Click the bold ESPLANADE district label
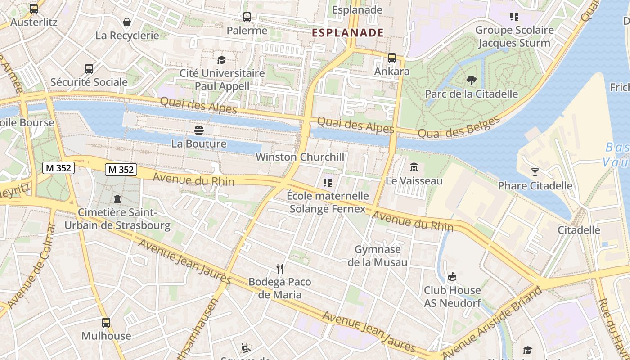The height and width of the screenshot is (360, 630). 347,32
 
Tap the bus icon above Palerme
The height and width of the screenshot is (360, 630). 247,18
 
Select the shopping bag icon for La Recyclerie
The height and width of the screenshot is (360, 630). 127,22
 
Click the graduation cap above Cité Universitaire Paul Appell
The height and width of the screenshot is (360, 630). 221,60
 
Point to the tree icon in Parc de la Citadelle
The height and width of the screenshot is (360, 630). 472,81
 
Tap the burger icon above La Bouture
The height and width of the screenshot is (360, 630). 199,130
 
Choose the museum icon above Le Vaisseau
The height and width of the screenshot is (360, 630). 414,168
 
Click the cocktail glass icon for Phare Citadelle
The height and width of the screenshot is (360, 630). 535,172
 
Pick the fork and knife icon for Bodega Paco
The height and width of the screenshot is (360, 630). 280,269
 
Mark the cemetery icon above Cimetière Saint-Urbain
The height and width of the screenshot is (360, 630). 117,199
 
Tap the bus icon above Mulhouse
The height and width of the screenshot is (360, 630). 106,323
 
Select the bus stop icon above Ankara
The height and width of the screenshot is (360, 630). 392,58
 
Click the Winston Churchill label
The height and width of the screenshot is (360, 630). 300,157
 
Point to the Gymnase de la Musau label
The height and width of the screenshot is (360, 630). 378,256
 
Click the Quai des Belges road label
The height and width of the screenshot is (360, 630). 459,127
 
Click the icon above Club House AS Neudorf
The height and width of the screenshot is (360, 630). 452,276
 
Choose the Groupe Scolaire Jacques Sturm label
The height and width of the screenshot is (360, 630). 514,37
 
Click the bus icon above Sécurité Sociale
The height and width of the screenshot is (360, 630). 89,69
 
